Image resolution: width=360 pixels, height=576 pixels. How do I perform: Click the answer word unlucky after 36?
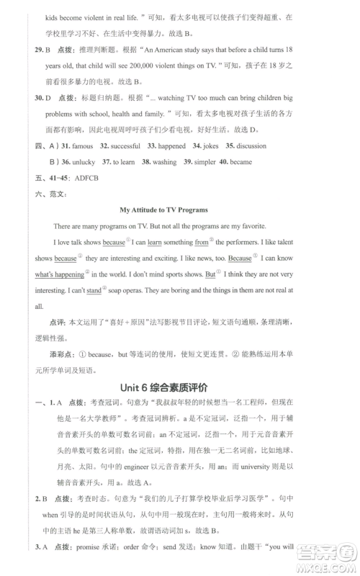(84, 162)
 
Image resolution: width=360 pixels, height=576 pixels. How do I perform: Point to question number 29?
(40, 51)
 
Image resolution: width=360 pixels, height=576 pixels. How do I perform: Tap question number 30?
(40, 97)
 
